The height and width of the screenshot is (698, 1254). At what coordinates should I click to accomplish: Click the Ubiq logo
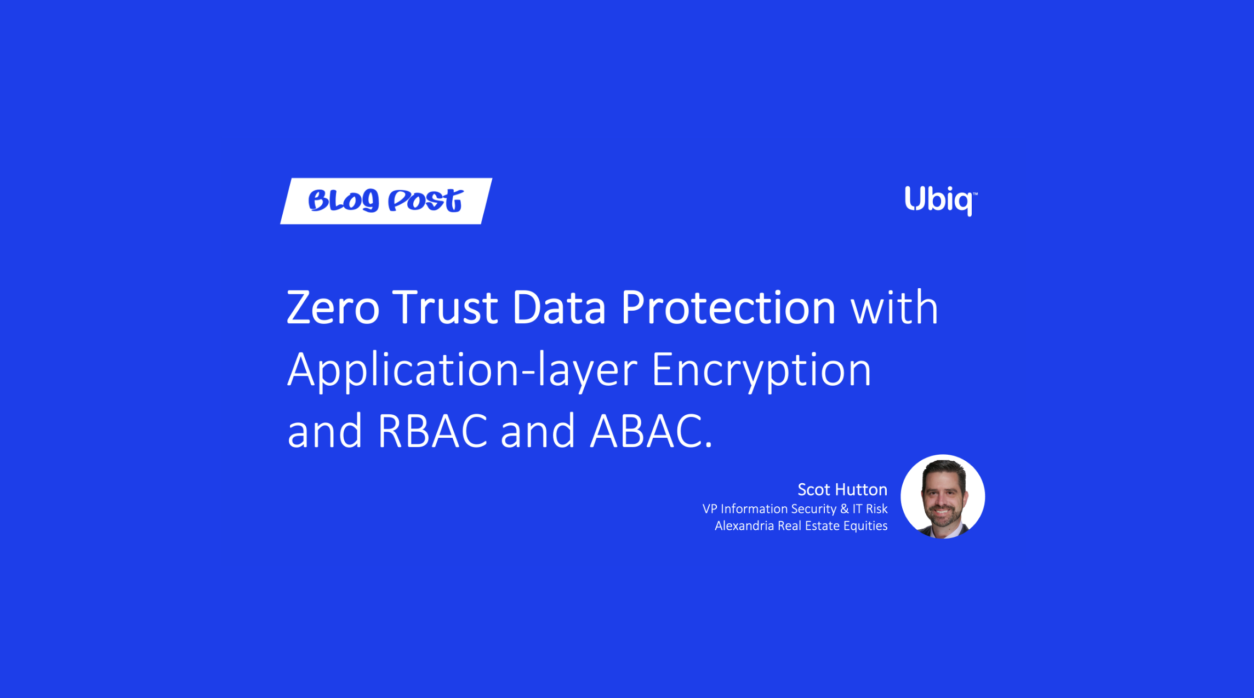[939, 200]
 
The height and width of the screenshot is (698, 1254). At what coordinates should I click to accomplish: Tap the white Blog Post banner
[386, 201]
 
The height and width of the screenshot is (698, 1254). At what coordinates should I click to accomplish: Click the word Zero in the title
[333, 308]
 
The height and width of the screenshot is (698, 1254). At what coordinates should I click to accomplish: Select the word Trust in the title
[444, 308]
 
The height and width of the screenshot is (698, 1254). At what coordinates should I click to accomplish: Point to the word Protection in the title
[728, 308]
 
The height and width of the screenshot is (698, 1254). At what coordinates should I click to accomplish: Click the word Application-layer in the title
[462, 370]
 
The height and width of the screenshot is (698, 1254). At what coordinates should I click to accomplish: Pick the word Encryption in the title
[761, 370]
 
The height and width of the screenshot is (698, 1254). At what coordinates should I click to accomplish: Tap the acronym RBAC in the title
[432, 432]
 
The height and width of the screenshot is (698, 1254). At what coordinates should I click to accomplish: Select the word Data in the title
[558, 308]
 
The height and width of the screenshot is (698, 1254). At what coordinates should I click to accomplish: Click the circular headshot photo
[943, 496]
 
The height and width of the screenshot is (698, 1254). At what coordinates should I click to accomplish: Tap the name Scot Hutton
[842, 489]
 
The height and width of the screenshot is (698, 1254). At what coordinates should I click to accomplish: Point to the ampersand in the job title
[844, 509]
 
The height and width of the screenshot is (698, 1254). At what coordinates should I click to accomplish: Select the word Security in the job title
[814, 509]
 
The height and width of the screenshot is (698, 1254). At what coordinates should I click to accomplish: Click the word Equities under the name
[865, 526]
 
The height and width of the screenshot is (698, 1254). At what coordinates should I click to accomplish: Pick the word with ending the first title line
[894, 308]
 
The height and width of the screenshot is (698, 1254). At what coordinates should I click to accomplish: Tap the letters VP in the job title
[710, 509]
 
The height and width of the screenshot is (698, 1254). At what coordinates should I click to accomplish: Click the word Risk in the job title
[876, 509]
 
